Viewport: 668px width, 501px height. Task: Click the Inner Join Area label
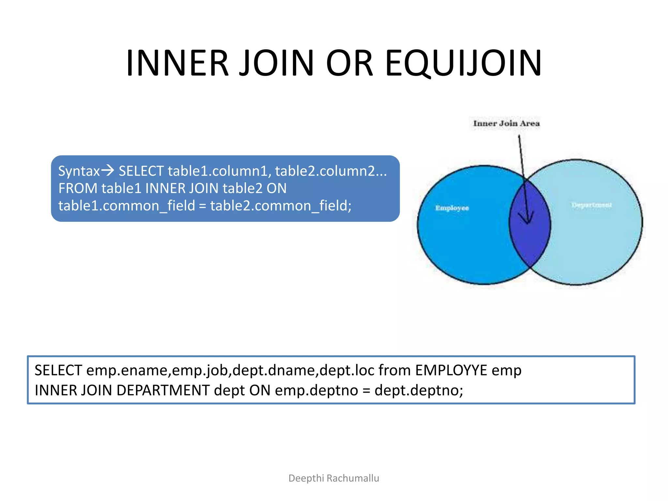coord(506,124)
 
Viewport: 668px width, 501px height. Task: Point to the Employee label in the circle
coord(452,208)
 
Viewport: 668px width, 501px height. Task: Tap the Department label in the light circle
coord(591,205)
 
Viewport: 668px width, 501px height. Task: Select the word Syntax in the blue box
coord(79,171)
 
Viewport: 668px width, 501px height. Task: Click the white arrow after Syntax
coord(108,170)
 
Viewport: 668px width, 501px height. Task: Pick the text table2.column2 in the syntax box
coord(326,171)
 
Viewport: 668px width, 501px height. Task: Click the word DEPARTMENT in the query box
coord(163,390)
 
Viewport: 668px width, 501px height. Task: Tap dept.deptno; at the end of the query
coord(419,390)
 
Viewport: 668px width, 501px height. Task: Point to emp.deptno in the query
coord(316,390)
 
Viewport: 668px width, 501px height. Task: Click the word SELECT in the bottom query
coord(58,371)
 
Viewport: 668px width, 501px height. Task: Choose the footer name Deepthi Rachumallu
coord(334,478)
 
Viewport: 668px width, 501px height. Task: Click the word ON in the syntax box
coord(277,189)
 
